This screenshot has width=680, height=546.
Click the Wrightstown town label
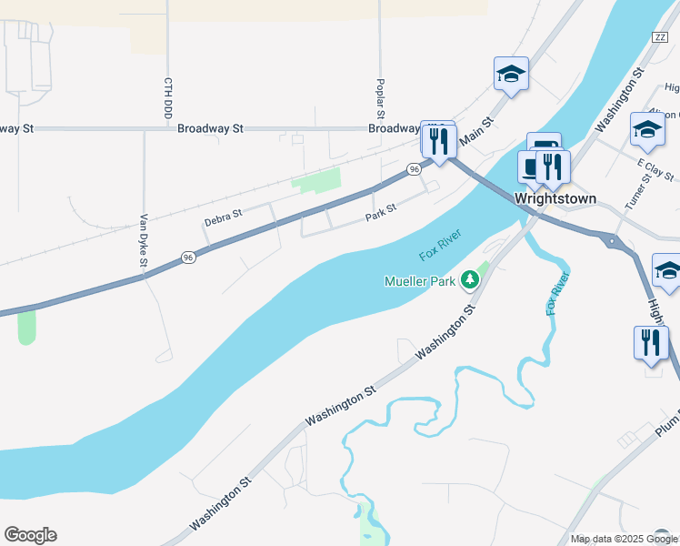point(555,197)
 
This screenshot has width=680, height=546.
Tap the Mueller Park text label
point(419,281)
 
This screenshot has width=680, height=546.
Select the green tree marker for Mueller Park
point(470,280)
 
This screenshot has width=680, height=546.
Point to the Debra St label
point(223,217)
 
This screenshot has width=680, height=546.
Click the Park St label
point(380,212)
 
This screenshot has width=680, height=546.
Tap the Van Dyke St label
point(144,240)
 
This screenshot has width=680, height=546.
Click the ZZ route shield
point(660,36)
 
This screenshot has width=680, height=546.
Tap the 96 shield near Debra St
point(188,258)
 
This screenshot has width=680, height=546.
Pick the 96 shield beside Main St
point(415,169)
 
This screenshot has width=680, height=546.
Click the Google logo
point(30,535)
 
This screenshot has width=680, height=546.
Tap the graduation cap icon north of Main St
point(511,74)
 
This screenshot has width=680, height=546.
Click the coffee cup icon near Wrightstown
point(532,166)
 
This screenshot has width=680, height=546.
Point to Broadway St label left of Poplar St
point(211,129)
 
